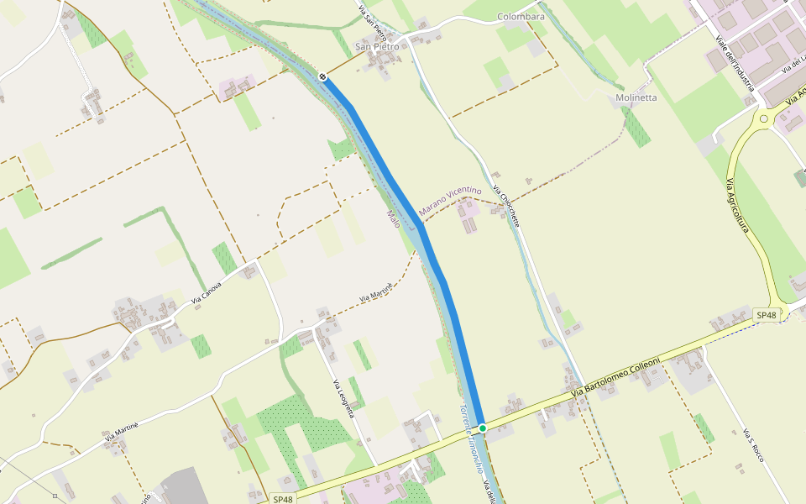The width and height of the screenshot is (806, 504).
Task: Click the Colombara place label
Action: tap(521, 17)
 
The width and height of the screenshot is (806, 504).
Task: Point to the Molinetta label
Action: tap(636, 97)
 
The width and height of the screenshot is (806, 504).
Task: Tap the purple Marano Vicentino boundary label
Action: tap(450, 200)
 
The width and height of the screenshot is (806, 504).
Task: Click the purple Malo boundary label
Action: tap(393, 220)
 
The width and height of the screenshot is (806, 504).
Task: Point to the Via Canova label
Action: tap(207, 292)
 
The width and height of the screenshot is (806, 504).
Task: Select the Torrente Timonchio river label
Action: tap(472, 441)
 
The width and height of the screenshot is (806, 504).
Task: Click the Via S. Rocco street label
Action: tap(753, 445)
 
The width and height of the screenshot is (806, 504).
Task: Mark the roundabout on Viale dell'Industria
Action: tap(764, 118)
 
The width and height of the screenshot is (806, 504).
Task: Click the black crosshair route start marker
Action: tap(322, 76)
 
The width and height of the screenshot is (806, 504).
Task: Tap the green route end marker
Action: tap(483, 428)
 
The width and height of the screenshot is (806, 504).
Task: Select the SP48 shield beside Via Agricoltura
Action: tap(767, 315)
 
